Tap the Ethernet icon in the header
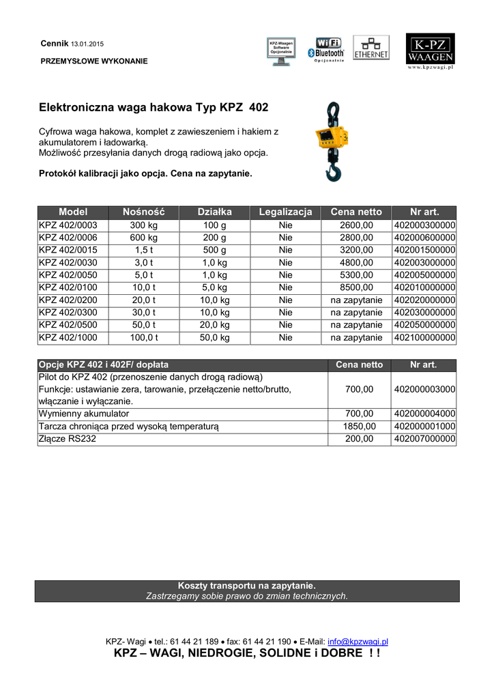coord(371,48)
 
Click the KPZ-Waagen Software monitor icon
coord(281,52)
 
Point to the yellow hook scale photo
coord(330,141)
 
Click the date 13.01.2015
coord(87,44)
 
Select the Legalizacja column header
coord(285,212)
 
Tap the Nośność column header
coord(143,212)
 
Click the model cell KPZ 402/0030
coord(68,263)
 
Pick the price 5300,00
coord(356,275)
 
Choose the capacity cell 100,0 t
coord(144,338)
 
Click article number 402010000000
coord(424,287)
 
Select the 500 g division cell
coord(215,250)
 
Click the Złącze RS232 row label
coord(68,439)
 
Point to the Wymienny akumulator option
coord(84,414)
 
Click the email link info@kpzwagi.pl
coord(358,642)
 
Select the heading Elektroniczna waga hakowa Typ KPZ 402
coord(154,108)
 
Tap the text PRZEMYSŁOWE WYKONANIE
coord(94,61)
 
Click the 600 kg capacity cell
coord(144,238)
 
